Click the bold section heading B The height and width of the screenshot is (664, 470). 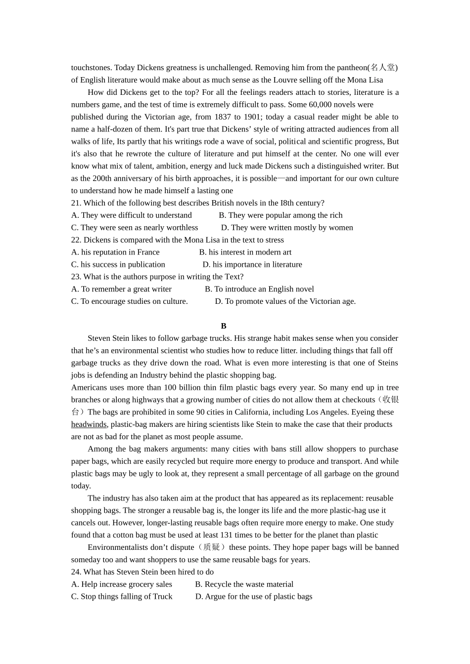(x=224, y=326)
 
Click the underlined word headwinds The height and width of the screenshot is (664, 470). (x=89, y=424)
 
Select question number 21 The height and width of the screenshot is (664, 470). (x=76, y=203)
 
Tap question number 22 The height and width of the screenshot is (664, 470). (x=76, y=240)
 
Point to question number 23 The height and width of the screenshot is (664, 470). (x=76, y=277)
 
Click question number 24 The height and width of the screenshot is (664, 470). (x=76, y=572)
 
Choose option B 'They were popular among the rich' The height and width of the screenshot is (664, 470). (x=281, y=215)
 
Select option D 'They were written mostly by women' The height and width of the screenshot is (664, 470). (x=287, y=228)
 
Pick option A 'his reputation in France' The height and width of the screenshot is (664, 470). (x=115, y=252)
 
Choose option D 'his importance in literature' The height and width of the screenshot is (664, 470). (x=252, y=265)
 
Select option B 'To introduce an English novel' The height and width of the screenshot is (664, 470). (x=259, y=289)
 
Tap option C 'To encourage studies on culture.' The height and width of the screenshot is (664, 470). (x=129, y=301)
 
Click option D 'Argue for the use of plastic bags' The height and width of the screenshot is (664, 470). (x=254, y=597)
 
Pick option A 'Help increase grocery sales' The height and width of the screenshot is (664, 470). (x=122, y=584)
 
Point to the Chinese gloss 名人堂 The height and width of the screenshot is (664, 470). (x=383, y=68)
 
